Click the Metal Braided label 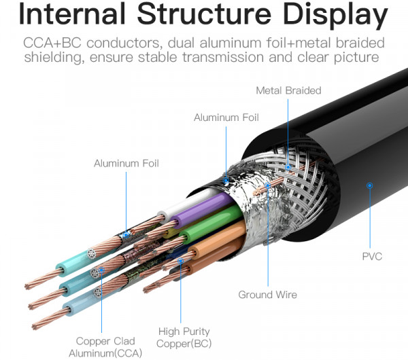coord(288,90)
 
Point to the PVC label coord(371,256)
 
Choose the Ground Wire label coord(267,295)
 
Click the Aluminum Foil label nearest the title coord(226,118)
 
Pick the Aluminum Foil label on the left coord(126,163)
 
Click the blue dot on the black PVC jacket coord(370,184)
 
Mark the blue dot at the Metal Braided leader coord(288,166)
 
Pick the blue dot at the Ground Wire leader coord(268,184)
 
